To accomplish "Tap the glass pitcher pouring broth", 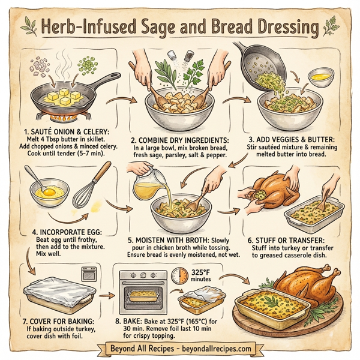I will tap(147, 186).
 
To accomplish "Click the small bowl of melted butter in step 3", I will tap(323, 77).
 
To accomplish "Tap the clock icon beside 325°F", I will tap(179, 276).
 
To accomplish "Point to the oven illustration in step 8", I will tap(144, 294).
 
